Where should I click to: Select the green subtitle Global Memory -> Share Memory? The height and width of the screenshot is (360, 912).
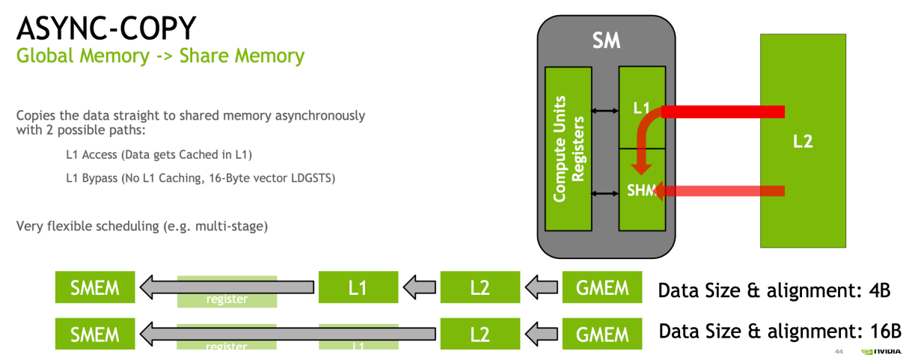160,56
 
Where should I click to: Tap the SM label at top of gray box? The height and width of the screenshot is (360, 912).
606,40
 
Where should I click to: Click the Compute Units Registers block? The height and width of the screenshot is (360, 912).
569,148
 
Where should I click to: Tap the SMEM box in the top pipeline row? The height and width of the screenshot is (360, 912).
95,287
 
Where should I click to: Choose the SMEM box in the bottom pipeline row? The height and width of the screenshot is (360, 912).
95,334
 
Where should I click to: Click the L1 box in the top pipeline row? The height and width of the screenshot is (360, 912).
358,287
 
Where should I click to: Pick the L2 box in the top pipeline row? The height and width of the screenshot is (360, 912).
480,287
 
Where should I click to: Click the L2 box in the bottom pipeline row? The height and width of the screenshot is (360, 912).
480,334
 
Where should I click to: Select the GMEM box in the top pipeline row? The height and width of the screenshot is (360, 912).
602,287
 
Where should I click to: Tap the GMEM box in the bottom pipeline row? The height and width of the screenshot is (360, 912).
602,334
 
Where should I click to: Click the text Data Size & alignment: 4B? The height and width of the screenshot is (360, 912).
774,290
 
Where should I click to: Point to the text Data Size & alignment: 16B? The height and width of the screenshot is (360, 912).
779,331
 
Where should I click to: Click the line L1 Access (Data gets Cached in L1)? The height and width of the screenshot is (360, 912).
159,155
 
